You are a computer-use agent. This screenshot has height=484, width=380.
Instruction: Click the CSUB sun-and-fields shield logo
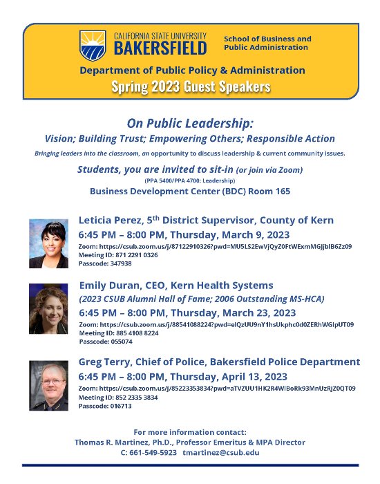(92, 44)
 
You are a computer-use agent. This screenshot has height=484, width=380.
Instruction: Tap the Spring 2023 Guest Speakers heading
(191, 86)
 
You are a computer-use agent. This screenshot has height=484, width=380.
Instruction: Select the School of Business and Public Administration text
(267, 43)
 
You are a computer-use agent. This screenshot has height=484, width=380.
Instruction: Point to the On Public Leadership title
(190, 123)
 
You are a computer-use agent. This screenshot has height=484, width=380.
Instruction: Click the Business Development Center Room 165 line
(190, 191)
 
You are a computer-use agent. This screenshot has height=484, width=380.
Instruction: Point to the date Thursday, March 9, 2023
(232, 234)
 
